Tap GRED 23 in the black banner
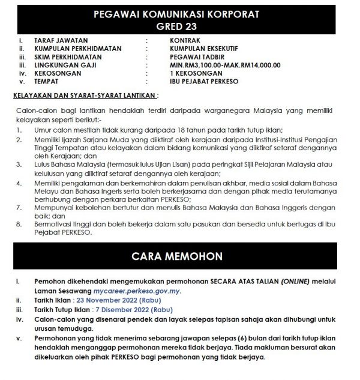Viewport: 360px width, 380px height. [180, 27]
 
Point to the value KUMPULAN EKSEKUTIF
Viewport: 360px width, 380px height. [208, 50]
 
